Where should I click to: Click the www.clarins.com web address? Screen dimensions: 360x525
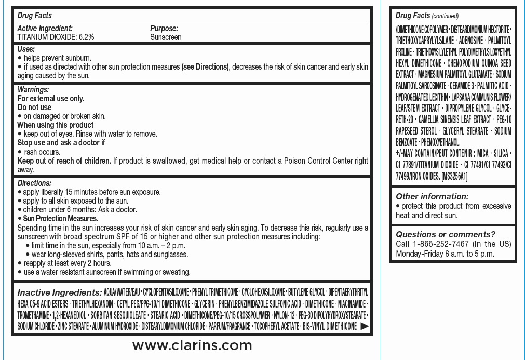[x=192, y=345]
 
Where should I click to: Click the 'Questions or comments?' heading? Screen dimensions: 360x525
[x=446, y=234]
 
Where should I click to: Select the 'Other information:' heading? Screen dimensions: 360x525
[x=432, y=196]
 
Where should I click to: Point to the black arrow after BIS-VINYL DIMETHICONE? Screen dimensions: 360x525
[x=365, y=326]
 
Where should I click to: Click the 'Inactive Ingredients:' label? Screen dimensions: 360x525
[x=60, y=292]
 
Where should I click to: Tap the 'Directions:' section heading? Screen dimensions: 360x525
[x=34, y=183]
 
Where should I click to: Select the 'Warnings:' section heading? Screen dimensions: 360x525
[x=33, y=90]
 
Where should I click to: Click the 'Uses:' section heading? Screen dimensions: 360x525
[x=26, y=49]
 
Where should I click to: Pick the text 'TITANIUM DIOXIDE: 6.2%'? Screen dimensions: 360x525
[x=56, y=37]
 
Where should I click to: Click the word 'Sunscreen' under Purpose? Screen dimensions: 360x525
[x=166, y=37]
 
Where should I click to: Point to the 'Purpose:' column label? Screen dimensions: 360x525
[x=164, y=29]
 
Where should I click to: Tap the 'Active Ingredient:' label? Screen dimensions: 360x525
[x=45, y=29]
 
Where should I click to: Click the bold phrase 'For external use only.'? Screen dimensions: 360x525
[x=51, y=99]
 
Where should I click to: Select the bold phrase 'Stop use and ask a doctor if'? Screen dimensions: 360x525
[x=61, y=143]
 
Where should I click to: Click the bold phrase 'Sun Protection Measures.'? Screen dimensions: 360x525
[x=60, y=219]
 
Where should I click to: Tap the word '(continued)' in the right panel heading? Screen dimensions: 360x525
[x=445, y=16]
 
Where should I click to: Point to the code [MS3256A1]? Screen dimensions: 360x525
[x=454, y=177]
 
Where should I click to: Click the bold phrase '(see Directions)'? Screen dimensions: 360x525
[x=205, y=67]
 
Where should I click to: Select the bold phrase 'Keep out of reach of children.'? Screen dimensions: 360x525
[x=64, y=161]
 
